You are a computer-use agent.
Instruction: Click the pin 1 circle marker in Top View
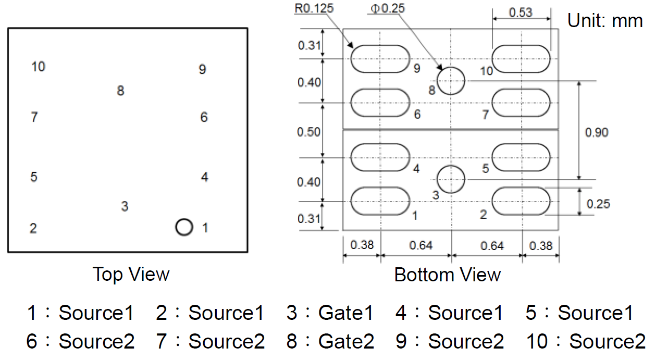[x=184, y=227]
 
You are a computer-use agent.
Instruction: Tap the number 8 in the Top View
[x=120, y=91]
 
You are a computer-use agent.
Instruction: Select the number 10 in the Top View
[x=38, y=67]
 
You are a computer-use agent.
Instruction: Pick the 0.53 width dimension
[x=521, y=12]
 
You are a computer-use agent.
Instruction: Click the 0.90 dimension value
[x=597, y=132]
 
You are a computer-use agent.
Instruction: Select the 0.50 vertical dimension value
[x=309, y=132]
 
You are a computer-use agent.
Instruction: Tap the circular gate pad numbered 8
[x=450, y=81]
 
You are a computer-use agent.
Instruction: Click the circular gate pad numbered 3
[x=450, y=179]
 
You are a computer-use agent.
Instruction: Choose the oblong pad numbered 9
[x=380, y=58]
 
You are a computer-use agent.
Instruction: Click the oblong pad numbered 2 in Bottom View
[x=521, y=201]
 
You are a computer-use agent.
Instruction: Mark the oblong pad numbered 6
[x=380, y=102]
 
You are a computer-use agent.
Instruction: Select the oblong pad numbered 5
[x=521, y=157]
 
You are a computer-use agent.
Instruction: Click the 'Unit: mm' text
[x=605, y=21]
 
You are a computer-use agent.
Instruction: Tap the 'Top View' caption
[x=131, y=274]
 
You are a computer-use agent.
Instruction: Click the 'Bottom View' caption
[x=448, y=275]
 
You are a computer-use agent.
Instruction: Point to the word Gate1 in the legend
[x=346, y=313]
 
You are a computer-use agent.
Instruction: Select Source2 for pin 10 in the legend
[x=607, y=342]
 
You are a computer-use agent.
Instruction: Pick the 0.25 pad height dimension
[x=598, y=203]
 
